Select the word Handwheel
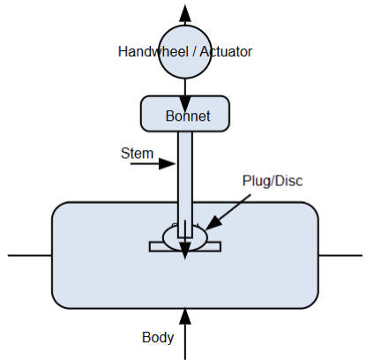(x=155, y=51)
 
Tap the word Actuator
(x=228, y=51)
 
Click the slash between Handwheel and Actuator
(x=196, y=51)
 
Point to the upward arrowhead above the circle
(x=185, y=11)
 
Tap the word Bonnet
(x=185, y=116)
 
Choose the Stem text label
(x=136, y=154)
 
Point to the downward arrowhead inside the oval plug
(x=185, y=253)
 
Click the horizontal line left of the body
(x=30, y=255)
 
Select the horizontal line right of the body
(x=340, y=255)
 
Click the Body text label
(x=158, y=337)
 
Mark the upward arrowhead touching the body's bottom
(x=185, y=315)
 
